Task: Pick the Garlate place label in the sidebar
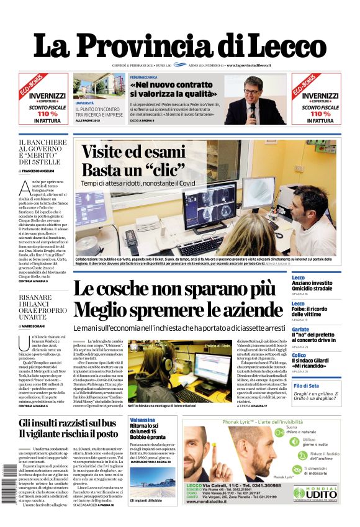pos(300,330)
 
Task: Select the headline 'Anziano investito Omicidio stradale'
pos(313,286)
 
